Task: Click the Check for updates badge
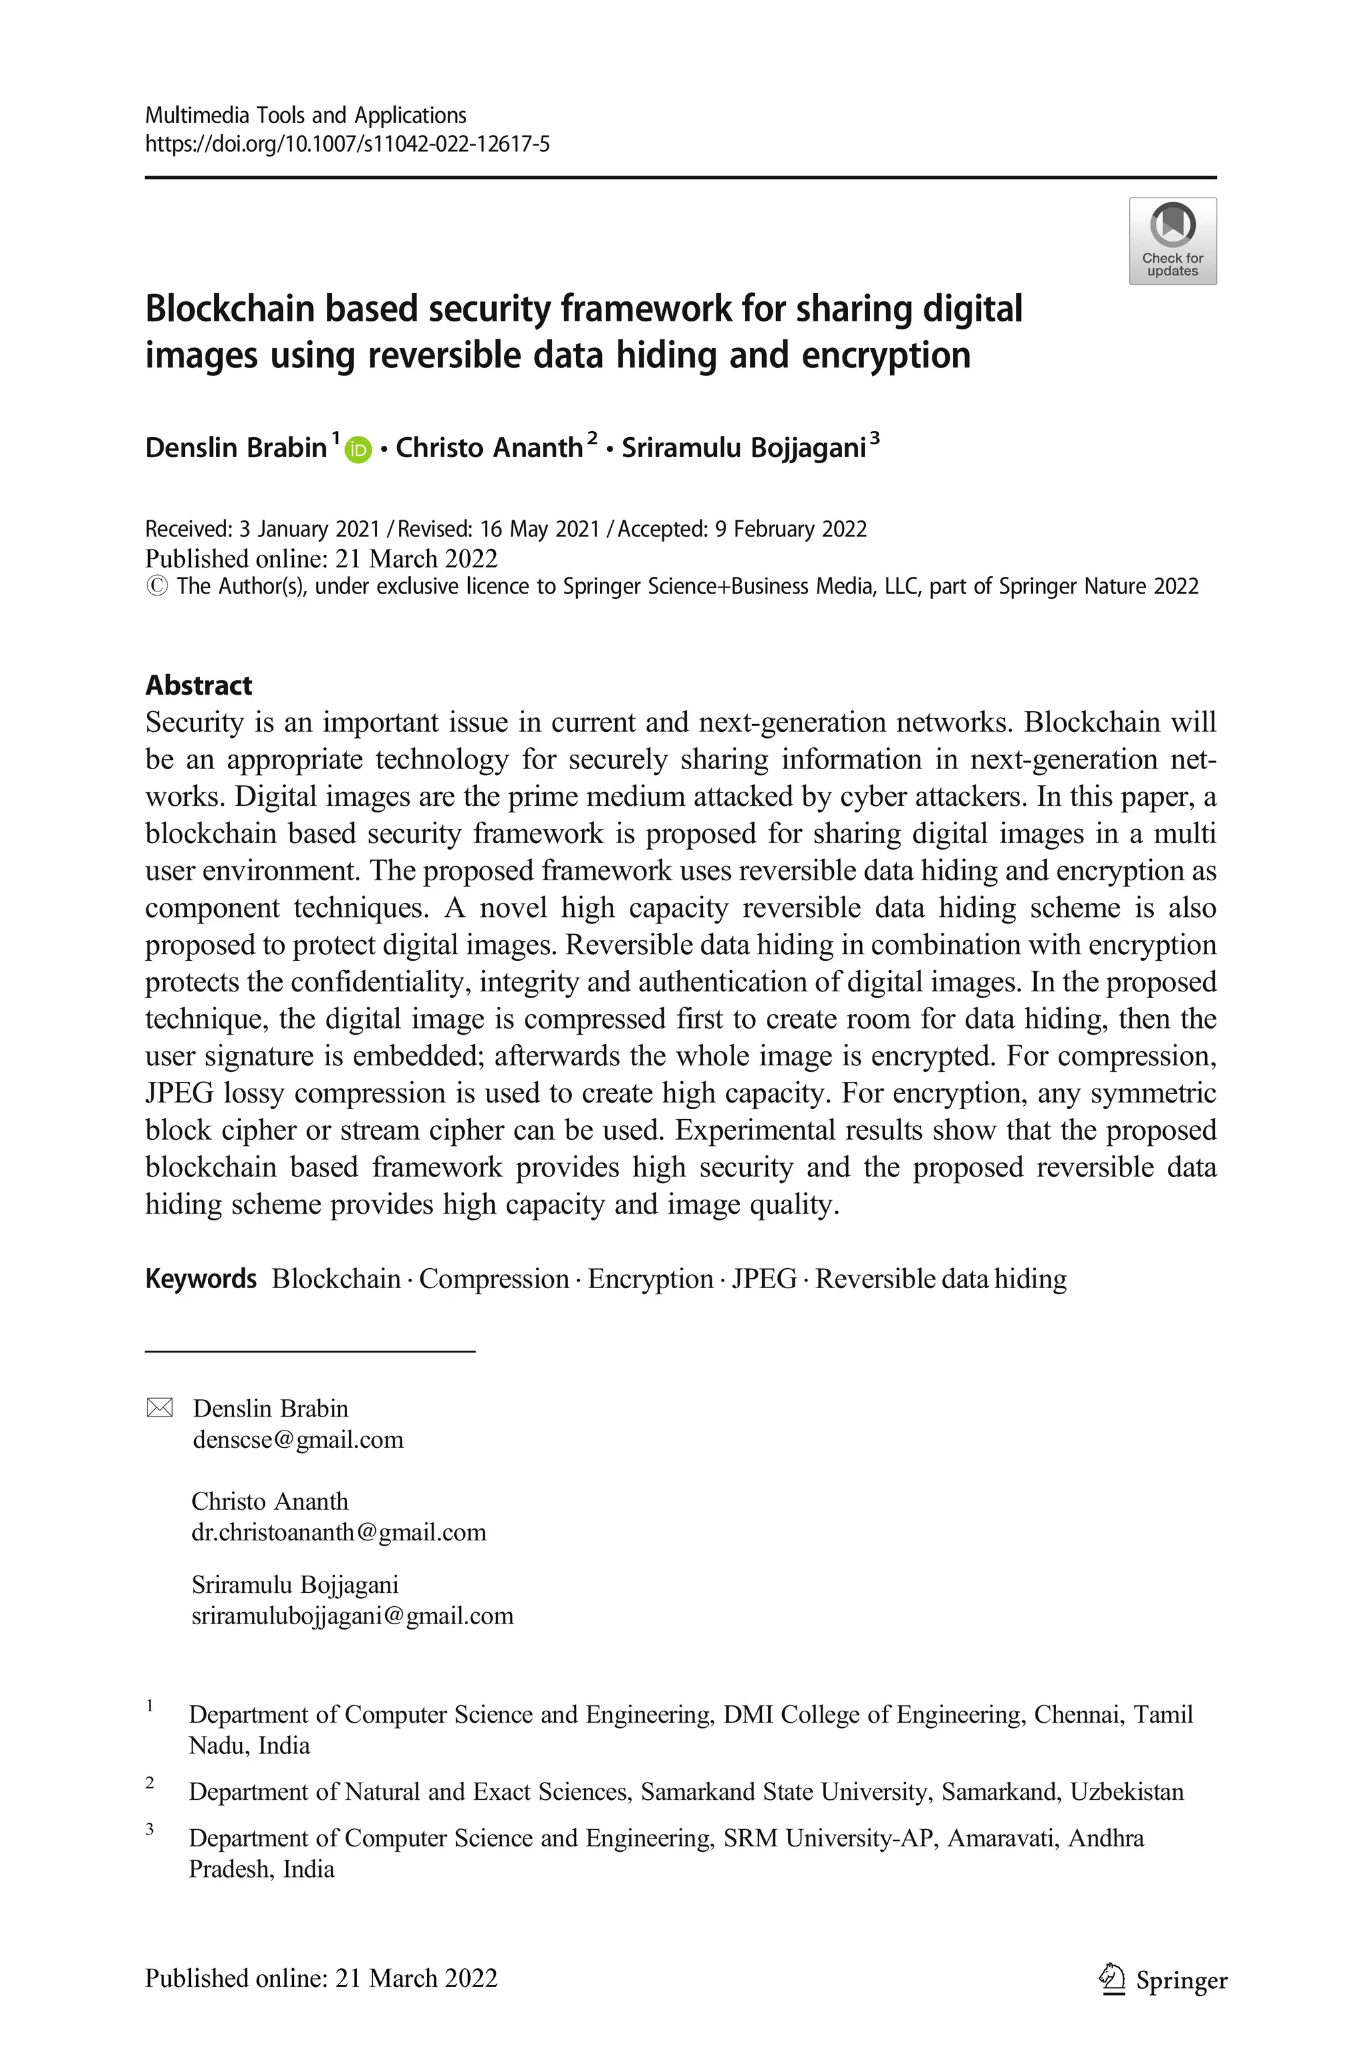(x=1172, y=241)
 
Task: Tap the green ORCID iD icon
(x=358, y=450)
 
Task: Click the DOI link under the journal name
(x=346, y=144)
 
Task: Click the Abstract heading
(x=198, y=685)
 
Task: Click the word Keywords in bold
(x=201, y=1279)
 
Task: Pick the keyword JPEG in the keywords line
(x=763, y=1279)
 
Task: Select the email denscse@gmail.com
(x=298, y=1440)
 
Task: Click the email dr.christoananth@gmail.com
(x=339, y=1532)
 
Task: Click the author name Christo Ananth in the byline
(x=489, y=447)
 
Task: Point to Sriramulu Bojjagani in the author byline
(x=744, y=447)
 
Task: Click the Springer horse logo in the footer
(x=1111, y=1979)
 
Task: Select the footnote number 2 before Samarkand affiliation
(x=150, y=1783)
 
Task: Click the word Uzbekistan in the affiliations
(x=1127, y=1791)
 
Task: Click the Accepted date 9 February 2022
(x=791, y=529)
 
